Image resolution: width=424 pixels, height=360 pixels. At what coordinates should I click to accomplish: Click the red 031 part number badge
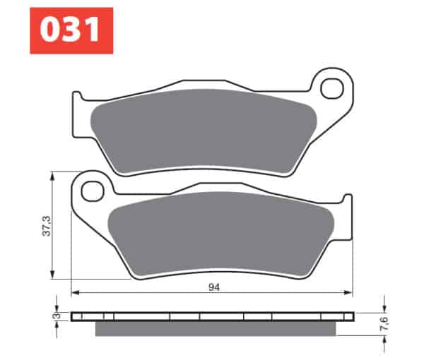click(x=71, y=30)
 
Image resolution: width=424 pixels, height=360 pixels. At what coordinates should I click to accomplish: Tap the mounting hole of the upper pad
click(x=332, y=88)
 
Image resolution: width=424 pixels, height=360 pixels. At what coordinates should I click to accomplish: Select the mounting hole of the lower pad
click(x=93, y=191)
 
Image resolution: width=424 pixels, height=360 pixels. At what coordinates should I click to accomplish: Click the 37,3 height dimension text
click(x=47, y=226)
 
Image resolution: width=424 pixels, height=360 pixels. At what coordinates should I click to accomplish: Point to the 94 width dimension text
click(x=214, y=287)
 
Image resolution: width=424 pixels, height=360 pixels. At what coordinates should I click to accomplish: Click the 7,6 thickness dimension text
click(x=384, y=323)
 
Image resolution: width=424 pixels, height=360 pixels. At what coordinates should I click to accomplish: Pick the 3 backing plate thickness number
click(x=57, y=316)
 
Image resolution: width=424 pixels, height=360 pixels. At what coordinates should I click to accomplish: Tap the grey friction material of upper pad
click(x=204, y=131)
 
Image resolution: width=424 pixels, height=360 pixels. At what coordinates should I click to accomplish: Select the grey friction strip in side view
click(x=216, y=329)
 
